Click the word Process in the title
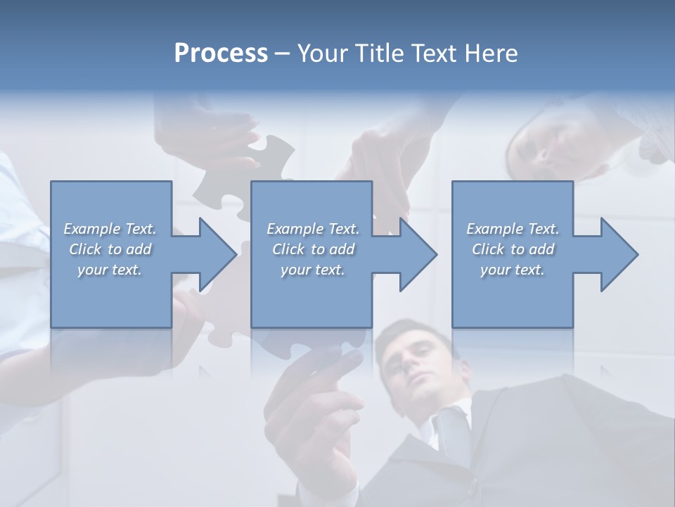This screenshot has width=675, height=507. coord(221,53)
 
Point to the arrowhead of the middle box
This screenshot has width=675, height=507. coord(417,254)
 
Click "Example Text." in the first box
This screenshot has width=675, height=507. coord(110,229)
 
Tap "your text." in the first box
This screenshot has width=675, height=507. coord(110,269)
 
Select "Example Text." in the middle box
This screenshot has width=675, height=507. coord(313,229)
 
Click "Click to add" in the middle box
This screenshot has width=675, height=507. coord(313,249)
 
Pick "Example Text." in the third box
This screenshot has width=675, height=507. coord(513,229)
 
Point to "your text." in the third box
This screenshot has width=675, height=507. coord(513,269)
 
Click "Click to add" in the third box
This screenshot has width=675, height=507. coord(513,249)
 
